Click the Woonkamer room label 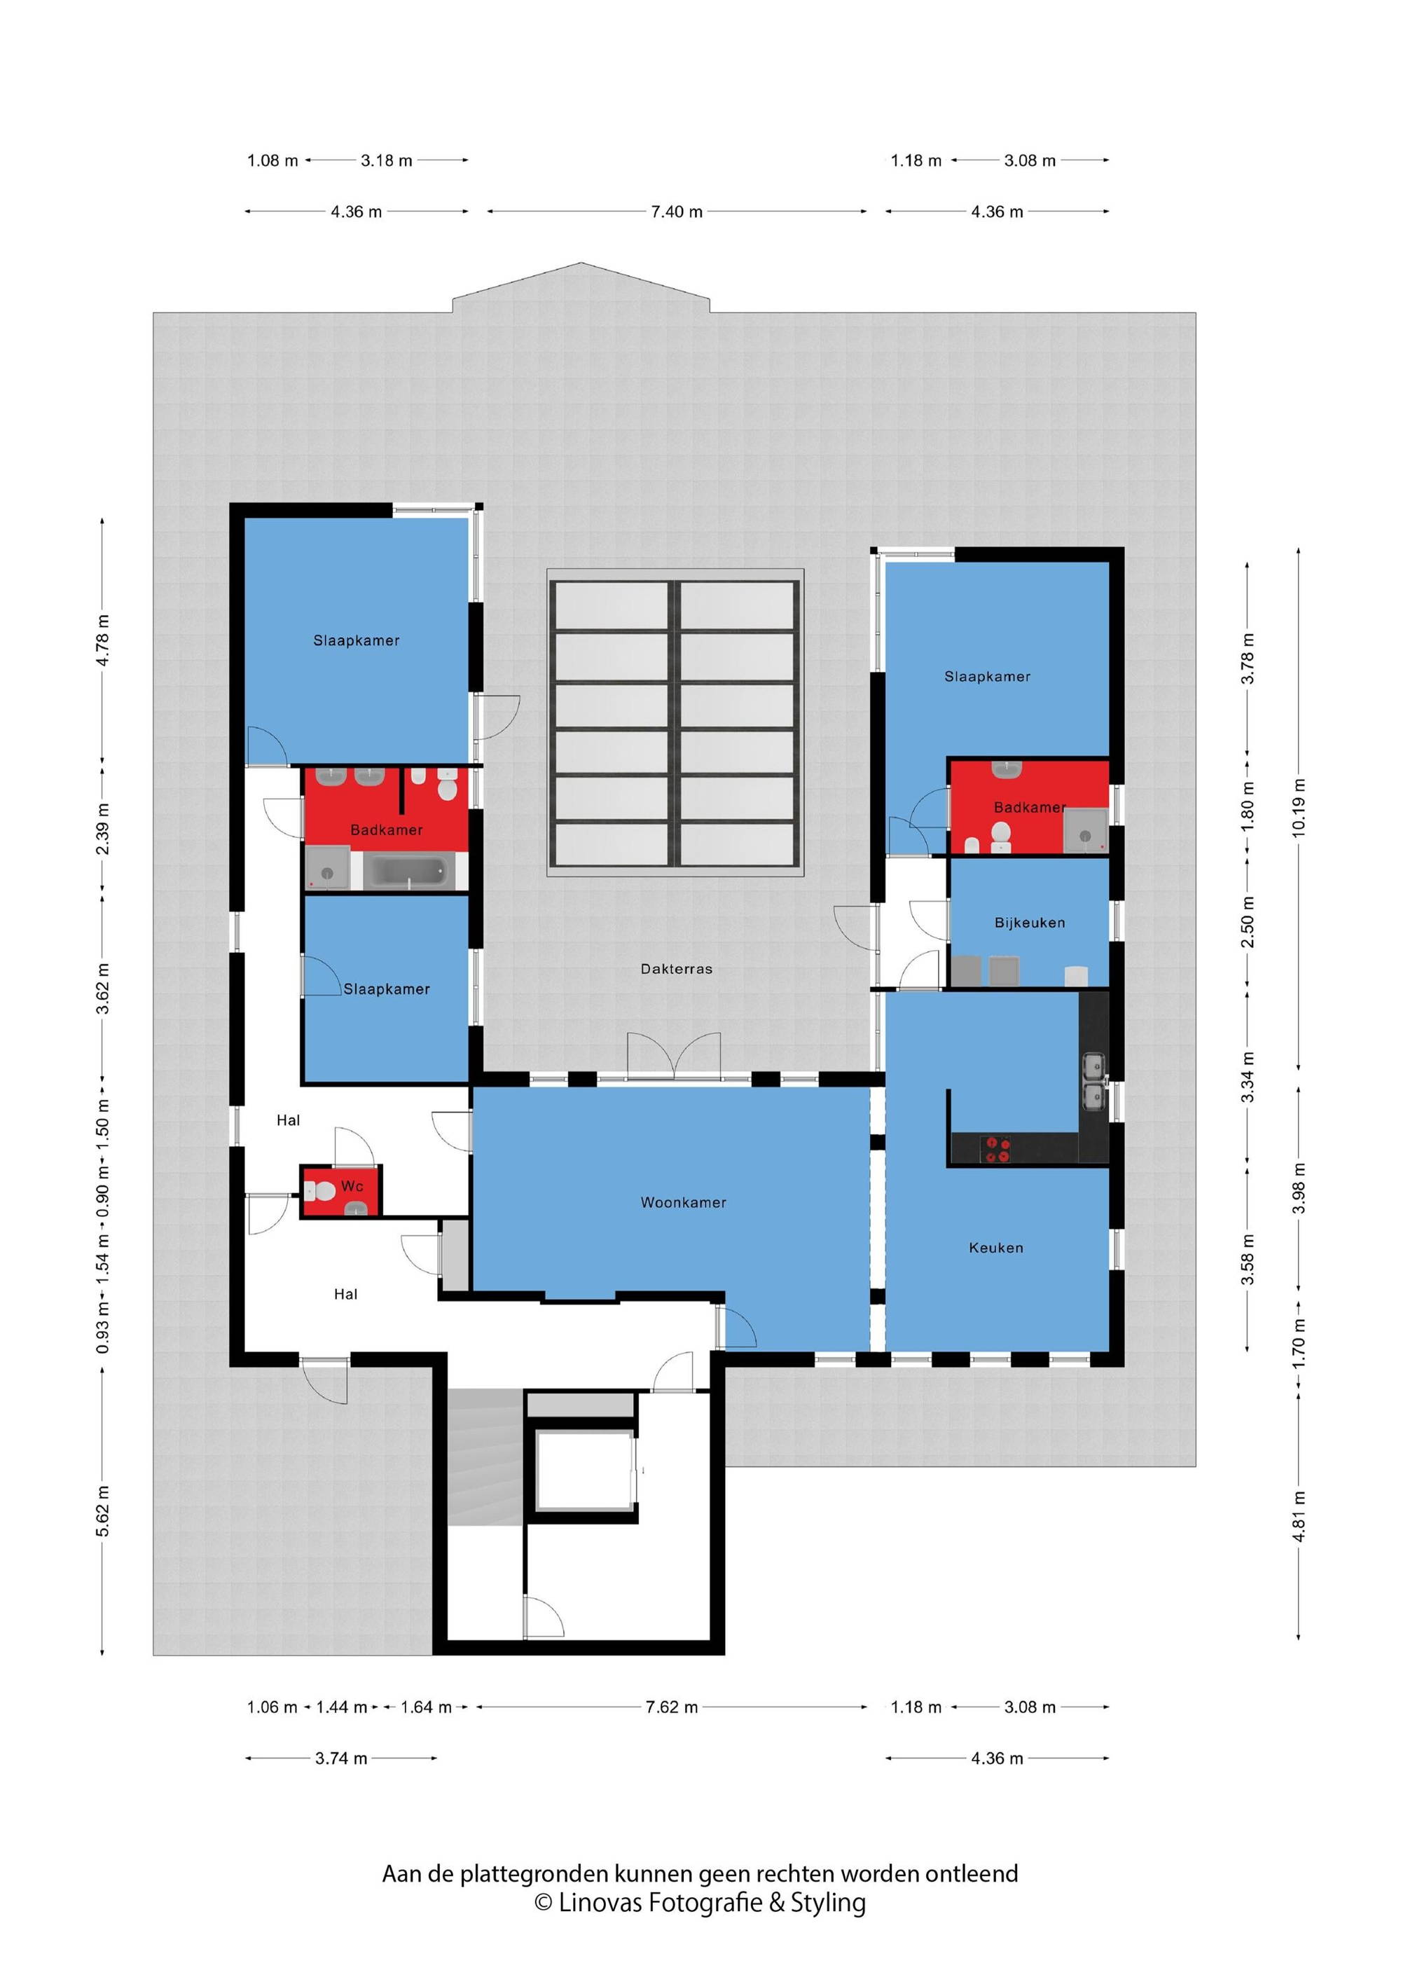[683, 1202]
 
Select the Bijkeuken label [1029, 923]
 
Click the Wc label [352, 1186]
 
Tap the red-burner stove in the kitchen [996, 1150]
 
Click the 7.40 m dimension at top [677, 212]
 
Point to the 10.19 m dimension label [1299, 807]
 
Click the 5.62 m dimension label [103, 1510]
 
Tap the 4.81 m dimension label [1299, 1516]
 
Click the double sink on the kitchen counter [1093, 1081]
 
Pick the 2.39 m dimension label [103, 829]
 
